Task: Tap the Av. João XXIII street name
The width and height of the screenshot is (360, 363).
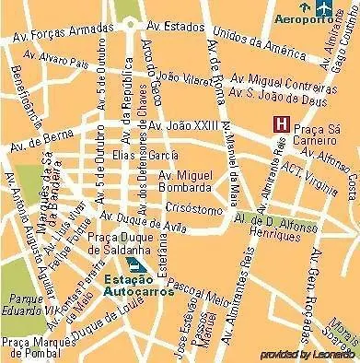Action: [183, 125]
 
